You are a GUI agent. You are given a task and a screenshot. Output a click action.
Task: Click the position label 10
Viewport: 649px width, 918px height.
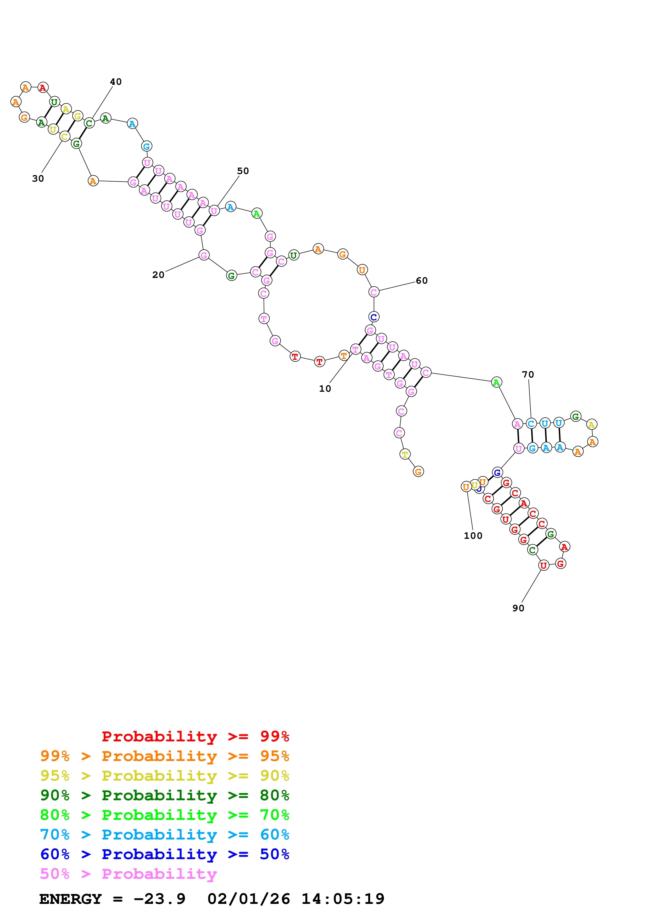(325, 389)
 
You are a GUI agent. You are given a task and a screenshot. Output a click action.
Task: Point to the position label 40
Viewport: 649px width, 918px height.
(115, 82)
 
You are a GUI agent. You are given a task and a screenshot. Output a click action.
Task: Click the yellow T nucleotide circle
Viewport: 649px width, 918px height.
(405, 454)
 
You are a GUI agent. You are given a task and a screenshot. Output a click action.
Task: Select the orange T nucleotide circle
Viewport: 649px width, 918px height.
(343, 355)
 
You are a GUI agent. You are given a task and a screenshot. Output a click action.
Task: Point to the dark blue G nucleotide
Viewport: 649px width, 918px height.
(497, 473)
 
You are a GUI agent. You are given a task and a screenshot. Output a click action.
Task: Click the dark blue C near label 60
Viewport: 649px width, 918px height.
(374, 317)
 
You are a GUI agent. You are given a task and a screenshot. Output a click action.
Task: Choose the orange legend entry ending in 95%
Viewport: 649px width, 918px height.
(164, 756)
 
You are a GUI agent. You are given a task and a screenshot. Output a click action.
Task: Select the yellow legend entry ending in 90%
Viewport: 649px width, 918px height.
(164, 776)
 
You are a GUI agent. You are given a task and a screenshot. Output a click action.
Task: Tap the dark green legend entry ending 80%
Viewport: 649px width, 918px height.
(164, 795)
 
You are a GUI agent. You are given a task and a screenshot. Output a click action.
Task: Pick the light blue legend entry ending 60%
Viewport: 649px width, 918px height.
(164, 835)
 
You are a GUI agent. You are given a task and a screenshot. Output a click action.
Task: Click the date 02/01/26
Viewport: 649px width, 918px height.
(248, 899)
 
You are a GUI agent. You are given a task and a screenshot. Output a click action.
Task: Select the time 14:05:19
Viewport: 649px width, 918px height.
(343, 899)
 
